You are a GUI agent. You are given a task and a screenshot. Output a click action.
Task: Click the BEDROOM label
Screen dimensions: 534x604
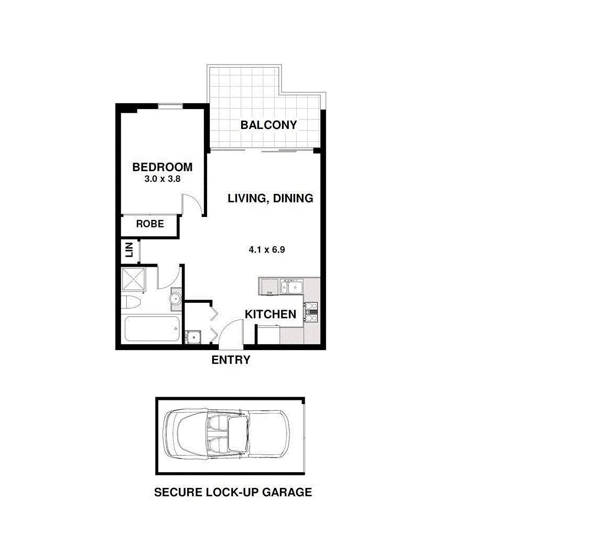[162, 168]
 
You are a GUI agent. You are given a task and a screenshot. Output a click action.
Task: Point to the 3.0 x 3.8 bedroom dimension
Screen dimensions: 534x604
[163, 179]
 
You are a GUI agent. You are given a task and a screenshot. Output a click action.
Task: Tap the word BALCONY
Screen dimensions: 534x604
[268, 125]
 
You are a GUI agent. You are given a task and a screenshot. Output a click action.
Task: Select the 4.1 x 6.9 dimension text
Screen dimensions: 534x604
[266, 249]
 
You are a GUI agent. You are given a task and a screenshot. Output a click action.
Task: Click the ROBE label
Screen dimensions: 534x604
[150, 224]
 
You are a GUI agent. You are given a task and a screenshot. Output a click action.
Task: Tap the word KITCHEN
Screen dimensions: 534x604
[271, 314]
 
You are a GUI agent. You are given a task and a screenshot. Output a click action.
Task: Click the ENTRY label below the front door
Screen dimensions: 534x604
[231, 360]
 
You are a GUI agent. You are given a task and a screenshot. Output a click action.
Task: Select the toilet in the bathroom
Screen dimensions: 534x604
[131, 303]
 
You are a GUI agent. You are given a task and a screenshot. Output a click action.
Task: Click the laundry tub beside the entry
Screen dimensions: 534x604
[193, 336]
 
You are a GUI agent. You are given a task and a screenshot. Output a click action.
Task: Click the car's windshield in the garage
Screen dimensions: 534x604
[239, 434]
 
